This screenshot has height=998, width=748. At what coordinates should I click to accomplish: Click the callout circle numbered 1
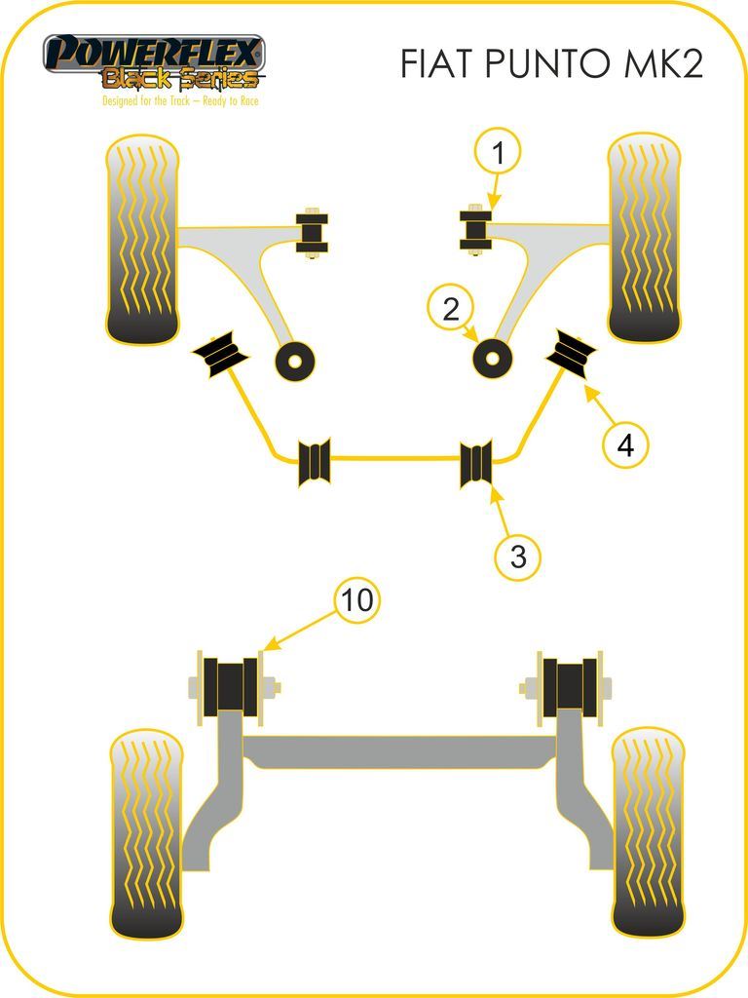coord(498,152)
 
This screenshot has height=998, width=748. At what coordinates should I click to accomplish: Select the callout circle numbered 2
coord(451,309)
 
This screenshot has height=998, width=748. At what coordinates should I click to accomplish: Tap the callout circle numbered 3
coord(518,557)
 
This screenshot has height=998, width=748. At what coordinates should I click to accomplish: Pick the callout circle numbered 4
coord(626,444)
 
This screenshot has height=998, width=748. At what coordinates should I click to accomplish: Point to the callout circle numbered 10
coord(356,599)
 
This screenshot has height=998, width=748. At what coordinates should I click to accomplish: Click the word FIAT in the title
coord(438,63)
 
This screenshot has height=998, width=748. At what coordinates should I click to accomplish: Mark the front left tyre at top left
coord(142,240)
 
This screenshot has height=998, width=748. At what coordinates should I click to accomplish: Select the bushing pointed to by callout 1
coord(475,230)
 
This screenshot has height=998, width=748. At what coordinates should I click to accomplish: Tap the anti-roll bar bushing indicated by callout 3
coord(476,463)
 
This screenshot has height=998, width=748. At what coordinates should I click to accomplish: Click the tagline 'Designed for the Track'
coord(146,100)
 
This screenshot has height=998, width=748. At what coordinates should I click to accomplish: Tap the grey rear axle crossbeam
coord(400,752)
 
